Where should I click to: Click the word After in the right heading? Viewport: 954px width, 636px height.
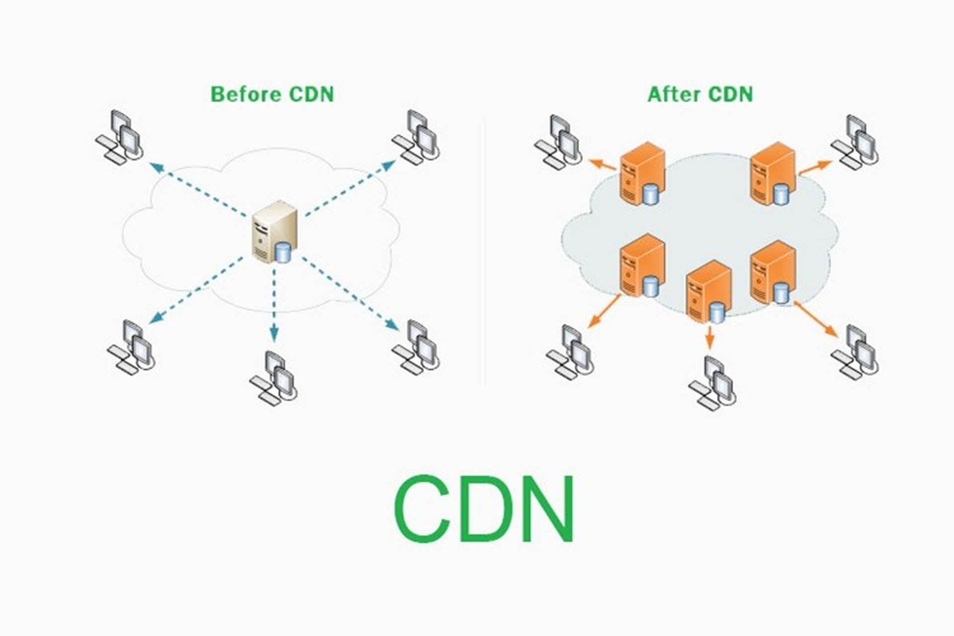[674, 94]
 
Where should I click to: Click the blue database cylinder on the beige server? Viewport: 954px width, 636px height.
[283, 251]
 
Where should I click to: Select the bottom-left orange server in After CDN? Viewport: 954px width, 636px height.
[642, 266]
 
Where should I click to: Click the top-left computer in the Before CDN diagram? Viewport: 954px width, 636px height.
[119, 136]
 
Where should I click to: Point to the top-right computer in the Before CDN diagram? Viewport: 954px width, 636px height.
[415, 136]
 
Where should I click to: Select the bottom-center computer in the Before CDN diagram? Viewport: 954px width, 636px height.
[274, 378]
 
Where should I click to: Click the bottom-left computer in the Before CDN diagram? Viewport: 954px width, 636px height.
[131, 347]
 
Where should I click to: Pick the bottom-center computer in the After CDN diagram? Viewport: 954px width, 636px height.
[713, 383]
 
